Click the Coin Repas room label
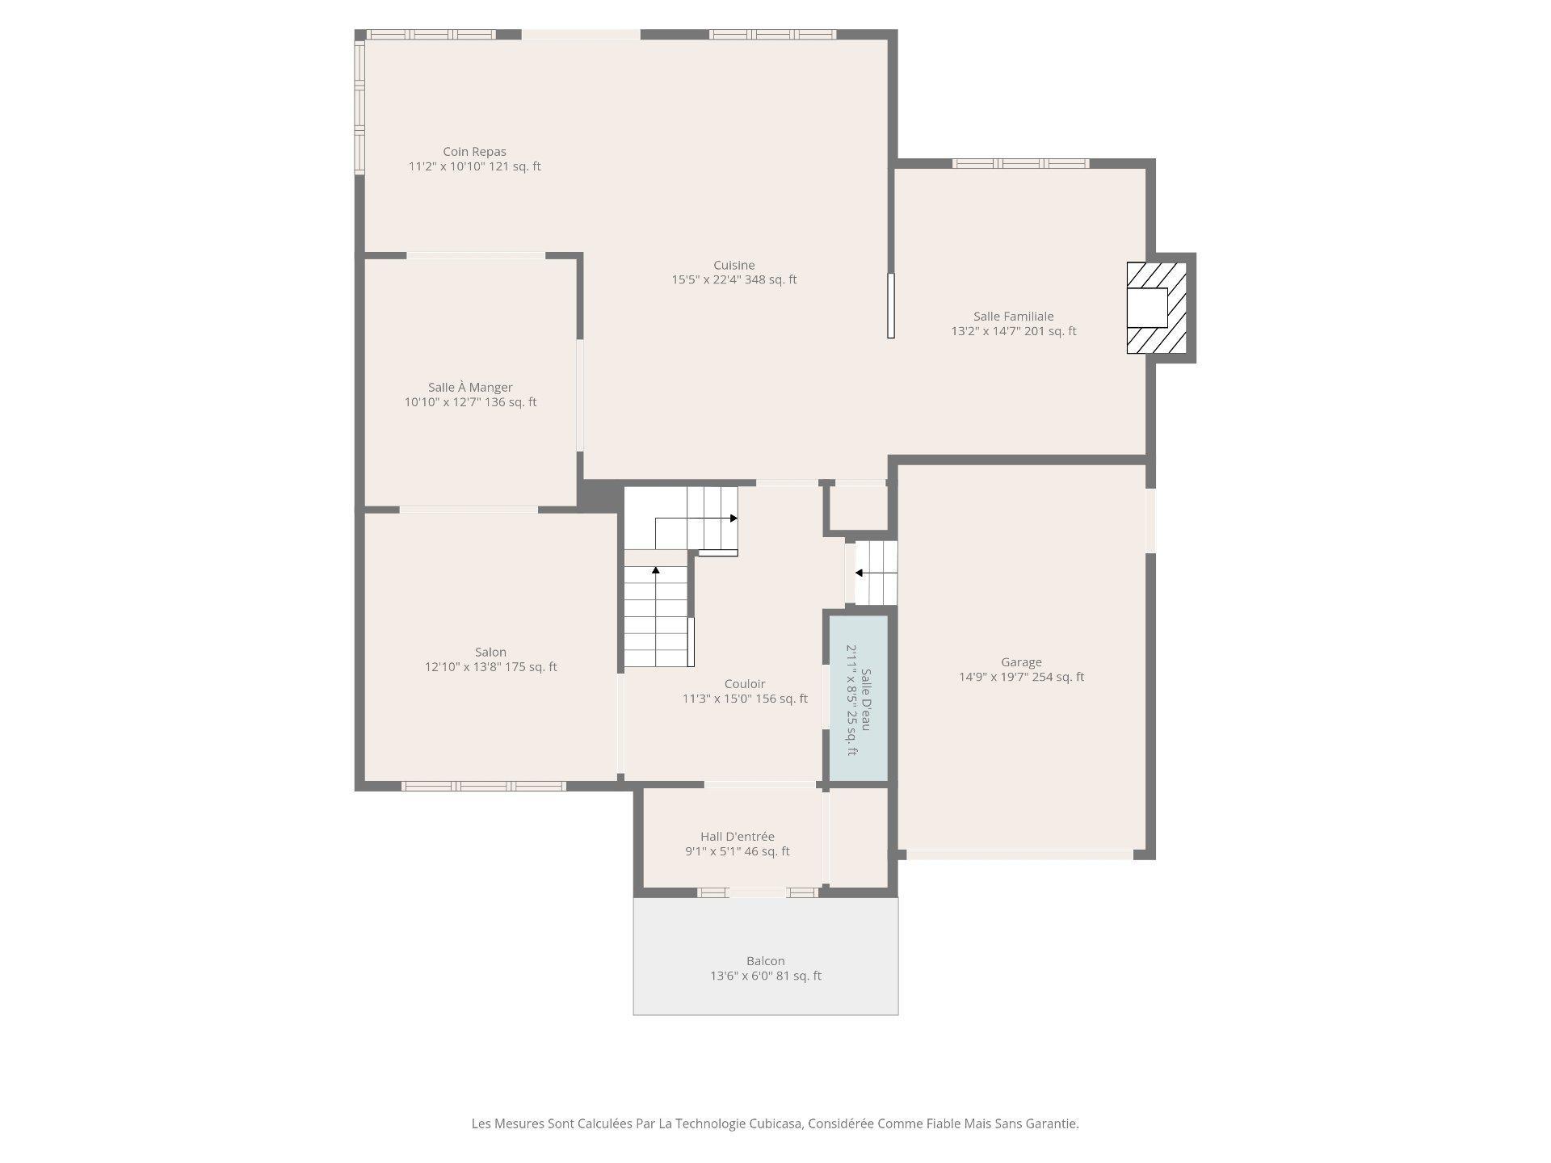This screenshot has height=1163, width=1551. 474,152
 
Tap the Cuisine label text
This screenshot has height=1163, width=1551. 733,265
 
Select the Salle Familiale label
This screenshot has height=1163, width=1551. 1013,317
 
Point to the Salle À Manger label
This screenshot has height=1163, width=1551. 470,388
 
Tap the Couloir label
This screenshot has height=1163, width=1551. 744,684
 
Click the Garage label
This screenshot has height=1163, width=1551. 1021,662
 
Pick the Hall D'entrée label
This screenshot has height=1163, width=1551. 737,837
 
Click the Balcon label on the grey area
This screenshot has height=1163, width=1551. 765,961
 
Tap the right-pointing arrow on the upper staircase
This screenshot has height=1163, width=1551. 733,519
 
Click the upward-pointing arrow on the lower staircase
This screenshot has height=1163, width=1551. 656,570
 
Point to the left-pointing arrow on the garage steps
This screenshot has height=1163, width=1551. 860,573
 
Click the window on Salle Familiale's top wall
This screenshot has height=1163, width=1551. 1020,164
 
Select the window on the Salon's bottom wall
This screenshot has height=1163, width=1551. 483,786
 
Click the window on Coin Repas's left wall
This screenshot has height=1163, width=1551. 359,107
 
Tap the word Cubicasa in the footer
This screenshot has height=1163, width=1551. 775,1123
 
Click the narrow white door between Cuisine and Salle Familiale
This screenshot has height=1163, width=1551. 891,305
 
